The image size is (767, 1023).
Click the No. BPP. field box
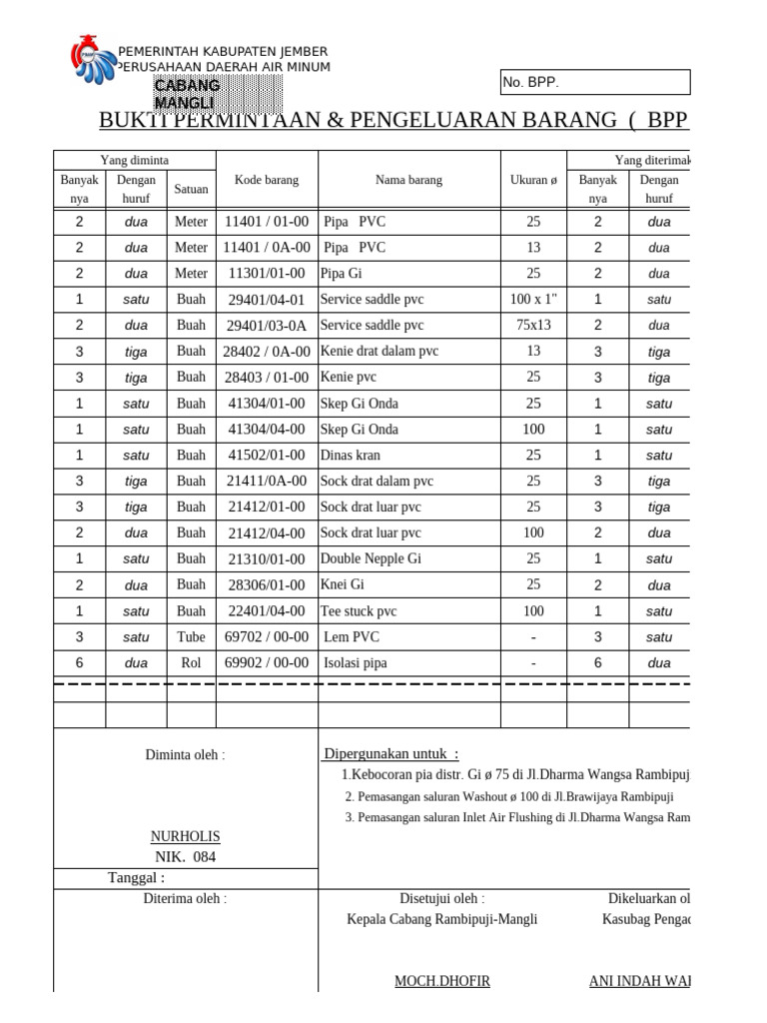click(x=594, y=82)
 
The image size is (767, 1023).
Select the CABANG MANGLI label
click(x=187, y=94)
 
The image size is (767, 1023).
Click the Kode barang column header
click(x=267, y=180)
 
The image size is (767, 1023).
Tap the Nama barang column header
click(x=408, y=180)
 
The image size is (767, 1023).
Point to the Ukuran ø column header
click(x=533, y=180)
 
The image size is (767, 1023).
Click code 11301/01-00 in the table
click(x=267, y=273)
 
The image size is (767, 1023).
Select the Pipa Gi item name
click(x=342, y=273)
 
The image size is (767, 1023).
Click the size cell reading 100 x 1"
click(x=533, y=299)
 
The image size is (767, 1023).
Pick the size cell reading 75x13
click(x=533, y=325)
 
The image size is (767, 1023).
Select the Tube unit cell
click(x=191, y=636)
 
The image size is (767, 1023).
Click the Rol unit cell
click(x=191, y=662)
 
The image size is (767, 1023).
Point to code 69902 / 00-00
click(x=267, y=662)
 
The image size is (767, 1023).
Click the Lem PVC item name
click(x=353, y=636)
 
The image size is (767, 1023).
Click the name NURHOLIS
click(x=185, y=836)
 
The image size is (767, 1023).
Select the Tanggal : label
click(x=137, y=877)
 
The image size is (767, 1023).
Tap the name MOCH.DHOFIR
click(x=442, y=981)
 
